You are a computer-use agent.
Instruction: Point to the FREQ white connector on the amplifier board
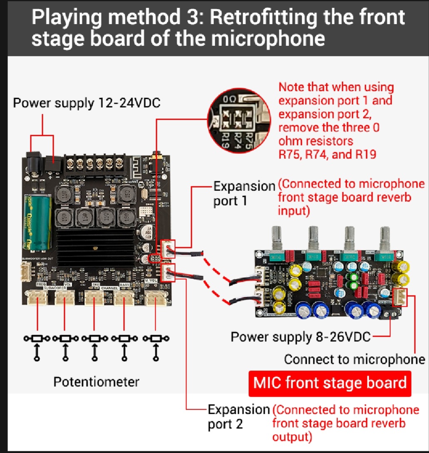click(37, 298)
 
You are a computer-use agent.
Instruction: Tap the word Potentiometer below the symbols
click(96, 382)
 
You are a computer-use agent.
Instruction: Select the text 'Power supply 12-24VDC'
click(87, 103)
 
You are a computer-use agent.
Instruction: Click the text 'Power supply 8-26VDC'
click(300, 337)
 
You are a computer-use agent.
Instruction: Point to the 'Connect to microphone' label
click(355, 359)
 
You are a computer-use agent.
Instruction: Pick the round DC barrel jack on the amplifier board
click(33, 160)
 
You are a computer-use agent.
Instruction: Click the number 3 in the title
click(195, 18)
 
